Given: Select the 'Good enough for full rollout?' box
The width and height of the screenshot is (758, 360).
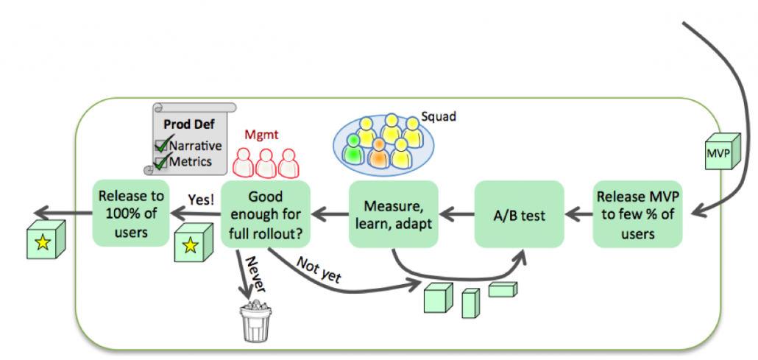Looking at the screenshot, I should tap(266, 213).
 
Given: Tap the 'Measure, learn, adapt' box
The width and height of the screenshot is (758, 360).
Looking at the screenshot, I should tap(392, 213).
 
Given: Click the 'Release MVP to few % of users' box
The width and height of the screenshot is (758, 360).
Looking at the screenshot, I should tap(637, 213).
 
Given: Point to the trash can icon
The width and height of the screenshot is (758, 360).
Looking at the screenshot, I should tap(254, 320).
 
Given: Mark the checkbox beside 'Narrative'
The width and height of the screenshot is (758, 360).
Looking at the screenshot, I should tap(160, 146).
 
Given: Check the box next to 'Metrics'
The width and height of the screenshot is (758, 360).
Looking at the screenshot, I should tap(160, 161).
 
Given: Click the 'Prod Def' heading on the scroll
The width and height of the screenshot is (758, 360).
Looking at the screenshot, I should tap(183, 125).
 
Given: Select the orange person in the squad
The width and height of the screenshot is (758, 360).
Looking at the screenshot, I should tap(380, 152).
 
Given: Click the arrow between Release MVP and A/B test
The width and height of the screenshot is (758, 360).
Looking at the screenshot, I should tap(578, 214).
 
